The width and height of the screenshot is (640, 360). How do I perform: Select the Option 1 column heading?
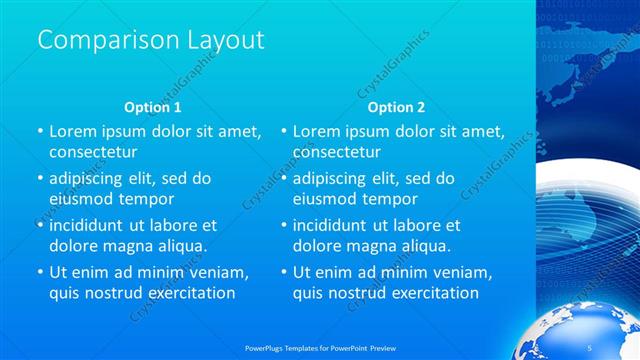[152, 106]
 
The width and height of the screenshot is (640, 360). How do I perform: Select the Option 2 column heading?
[396, 106]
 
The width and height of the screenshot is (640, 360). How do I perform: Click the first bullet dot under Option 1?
[40, 132]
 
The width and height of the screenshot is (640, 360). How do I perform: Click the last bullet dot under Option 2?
[284, 272]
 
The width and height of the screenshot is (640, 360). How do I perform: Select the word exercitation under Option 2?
[431, 292]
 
